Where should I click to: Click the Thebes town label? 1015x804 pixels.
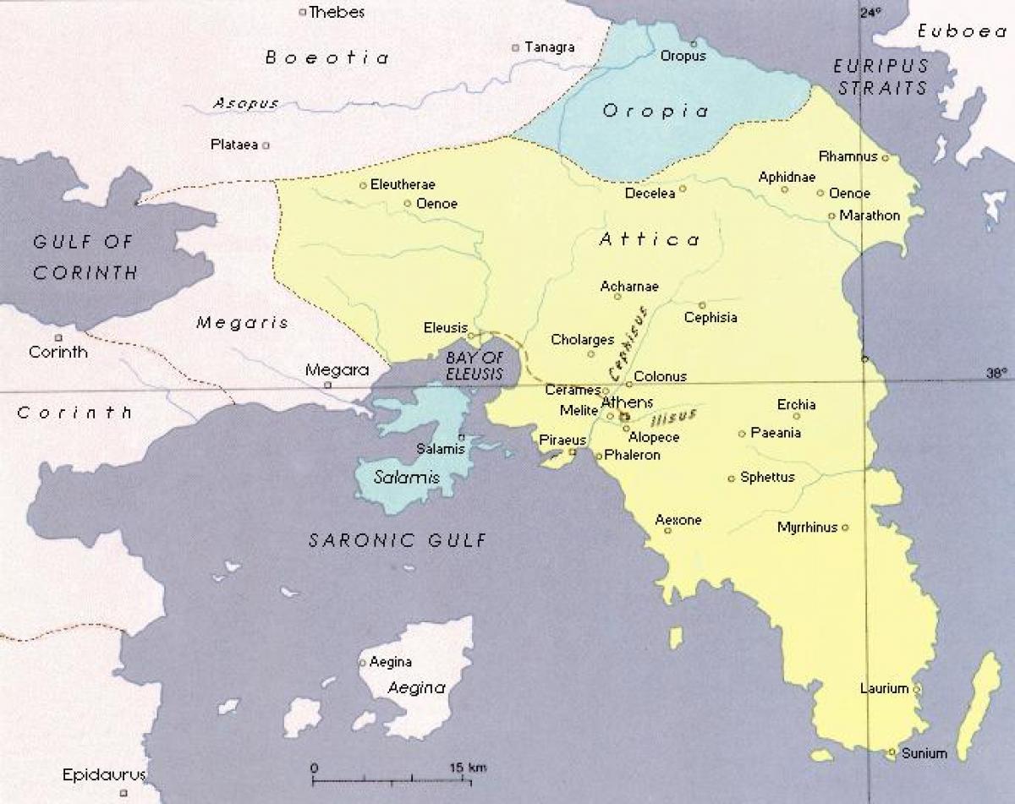click(337, 12)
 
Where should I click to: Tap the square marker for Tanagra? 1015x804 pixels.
click(515, 48)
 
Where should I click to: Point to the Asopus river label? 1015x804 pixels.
click(245, 103)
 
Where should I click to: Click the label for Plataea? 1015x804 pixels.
click(233, 145)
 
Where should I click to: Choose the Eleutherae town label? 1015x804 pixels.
click(403, 184)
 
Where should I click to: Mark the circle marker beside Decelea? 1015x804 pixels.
click(683, 189)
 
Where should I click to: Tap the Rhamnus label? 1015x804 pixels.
click(848, 156)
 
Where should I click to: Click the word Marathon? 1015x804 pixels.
click(870, 216)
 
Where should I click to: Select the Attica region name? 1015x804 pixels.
click(650, 240)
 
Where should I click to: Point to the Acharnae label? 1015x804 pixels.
click(629, 287)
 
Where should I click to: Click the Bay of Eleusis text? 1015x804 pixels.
click(474, 366)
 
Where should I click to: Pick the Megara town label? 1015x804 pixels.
click(337, 369)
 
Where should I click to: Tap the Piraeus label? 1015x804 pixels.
click(562, 440)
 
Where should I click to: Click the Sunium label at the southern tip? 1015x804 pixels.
click(924, 752)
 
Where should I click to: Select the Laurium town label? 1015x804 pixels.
click(884, 688)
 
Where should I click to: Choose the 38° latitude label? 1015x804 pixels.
click(997, 373)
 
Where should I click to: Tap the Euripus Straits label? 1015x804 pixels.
click(881, 76)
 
